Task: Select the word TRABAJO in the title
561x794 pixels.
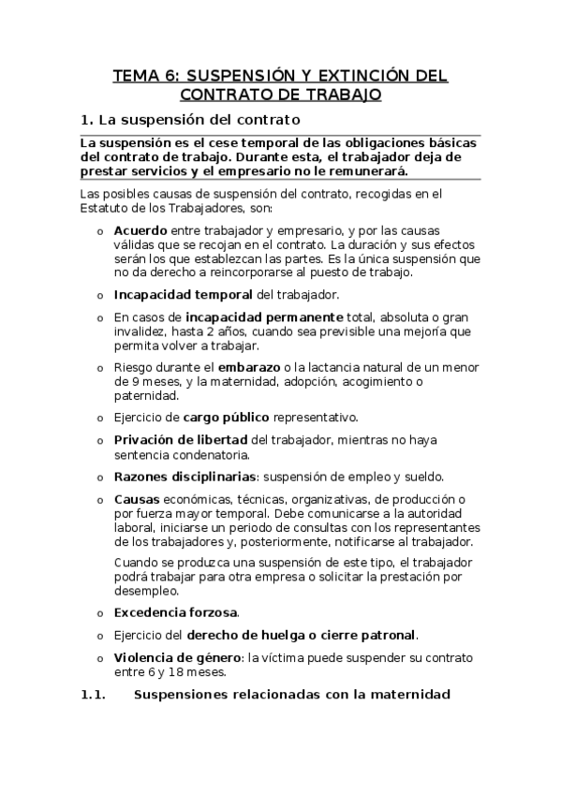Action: tap(336, 95)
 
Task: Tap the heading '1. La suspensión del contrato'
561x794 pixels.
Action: tap(191, 120)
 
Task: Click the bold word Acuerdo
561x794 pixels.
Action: tap(140, 229)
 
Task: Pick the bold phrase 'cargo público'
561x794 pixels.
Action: tap(226, 417)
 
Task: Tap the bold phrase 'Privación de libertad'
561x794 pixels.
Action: tap(181, 439)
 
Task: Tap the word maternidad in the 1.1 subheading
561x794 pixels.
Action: tap(406, 695)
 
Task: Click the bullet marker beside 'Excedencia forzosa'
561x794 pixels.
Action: tap(100, 613)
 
